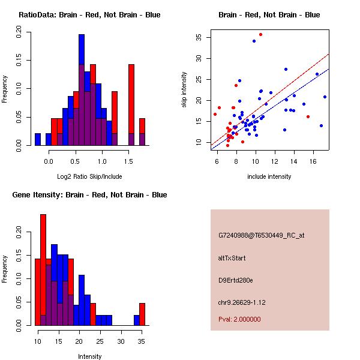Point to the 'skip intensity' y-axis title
pyautogui.click(x=184, y=90)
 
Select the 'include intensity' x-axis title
pyautogui.click(x=269, y=176)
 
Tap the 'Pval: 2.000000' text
pyautogui.click(x=239, y=319)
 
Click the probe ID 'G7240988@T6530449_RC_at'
pyautogui.click(x=261, y=235)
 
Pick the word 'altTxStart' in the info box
pyautogui.click(x=232, y=258)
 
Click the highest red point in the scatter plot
pyautogui.click(x=260, y=35)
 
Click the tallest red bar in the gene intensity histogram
pyautogui.click(x=43, y=270)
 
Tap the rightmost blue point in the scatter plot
pyautogui.click(x=325, y=97)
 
